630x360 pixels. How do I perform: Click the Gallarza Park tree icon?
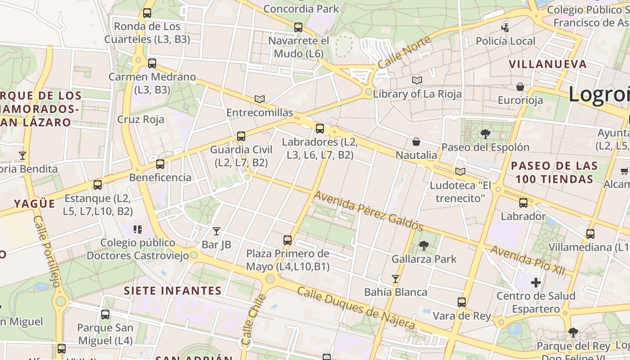[x=423, y=245]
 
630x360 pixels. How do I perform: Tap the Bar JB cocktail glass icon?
[x=216, y=231]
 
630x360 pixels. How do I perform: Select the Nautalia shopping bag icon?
[x=416, y=142]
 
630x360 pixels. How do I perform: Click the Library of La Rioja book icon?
[x=417, y=81]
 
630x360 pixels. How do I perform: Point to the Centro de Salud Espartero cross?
[x=535, y=283]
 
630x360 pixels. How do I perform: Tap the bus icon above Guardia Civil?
[x=241, y=136]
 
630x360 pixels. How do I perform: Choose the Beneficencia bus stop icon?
[x=160, y=164]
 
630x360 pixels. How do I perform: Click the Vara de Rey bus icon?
[x=462, y=302]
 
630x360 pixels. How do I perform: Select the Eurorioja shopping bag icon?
[x=520, y=87]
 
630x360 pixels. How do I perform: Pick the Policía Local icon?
[x=505, y=28]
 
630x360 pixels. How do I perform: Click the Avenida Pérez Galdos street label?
[x=368, y=211]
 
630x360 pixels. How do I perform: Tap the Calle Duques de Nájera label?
[x=356, y=308]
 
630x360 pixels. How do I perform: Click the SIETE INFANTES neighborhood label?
[x=173, y=291]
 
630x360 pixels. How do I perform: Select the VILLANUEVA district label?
[x=548, y=64]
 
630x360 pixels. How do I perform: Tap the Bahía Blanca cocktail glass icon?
[x=396, y=279]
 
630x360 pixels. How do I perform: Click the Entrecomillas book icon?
[x=260, y=99]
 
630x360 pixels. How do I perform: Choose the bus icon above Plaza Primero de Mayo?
[x=288, y=240]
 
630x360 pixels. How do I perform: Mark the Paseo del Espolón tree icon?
[x=485, y=134]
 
